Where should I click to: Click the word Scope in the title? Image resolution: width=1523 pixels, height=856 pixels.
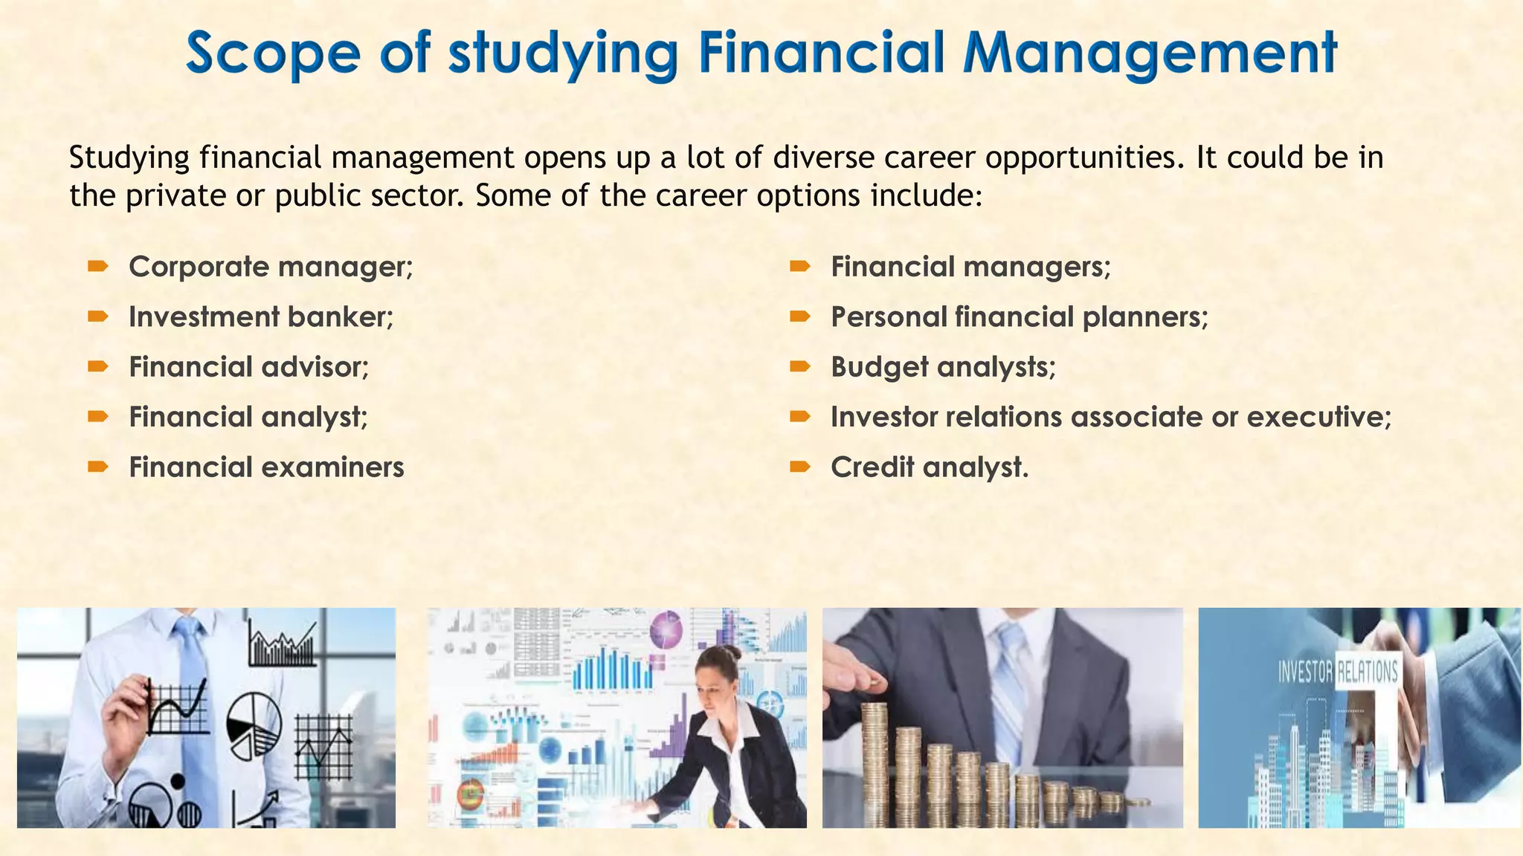coord(272,53)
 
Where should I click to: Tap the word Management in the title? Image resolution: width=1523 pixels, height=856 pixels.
coord(1149,53)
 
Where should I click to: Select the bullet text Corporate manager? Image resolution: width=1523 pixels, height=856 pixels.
coord(271,267)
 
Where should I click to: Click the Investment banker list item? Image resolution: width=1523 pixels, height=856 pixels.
coord(261,317)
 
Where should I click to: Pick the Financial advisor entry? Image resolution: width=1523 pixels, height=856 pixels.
coord(248,367)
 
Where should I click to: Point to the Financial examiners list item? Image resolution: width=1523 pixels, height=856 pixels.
coord(266,467)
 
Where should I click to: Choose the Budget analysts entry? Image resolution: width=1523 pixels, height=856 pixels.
coord(943,367)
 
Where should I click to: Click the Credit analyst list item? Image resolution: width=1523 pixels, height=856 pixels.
coord(930,467)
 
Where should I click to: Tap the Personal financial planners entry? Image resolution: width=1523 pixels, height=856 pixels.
coord(1020,317)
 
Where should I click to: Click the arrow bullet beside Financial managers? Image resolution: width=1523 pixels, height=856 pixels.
coord(799,266)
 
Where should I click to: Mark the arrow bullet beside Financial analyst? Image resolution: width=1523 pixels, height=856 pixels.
coord(97,416)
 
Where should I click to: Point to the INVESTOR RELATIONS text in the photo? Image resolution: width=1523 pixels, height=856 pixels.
coord(1337,672)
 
